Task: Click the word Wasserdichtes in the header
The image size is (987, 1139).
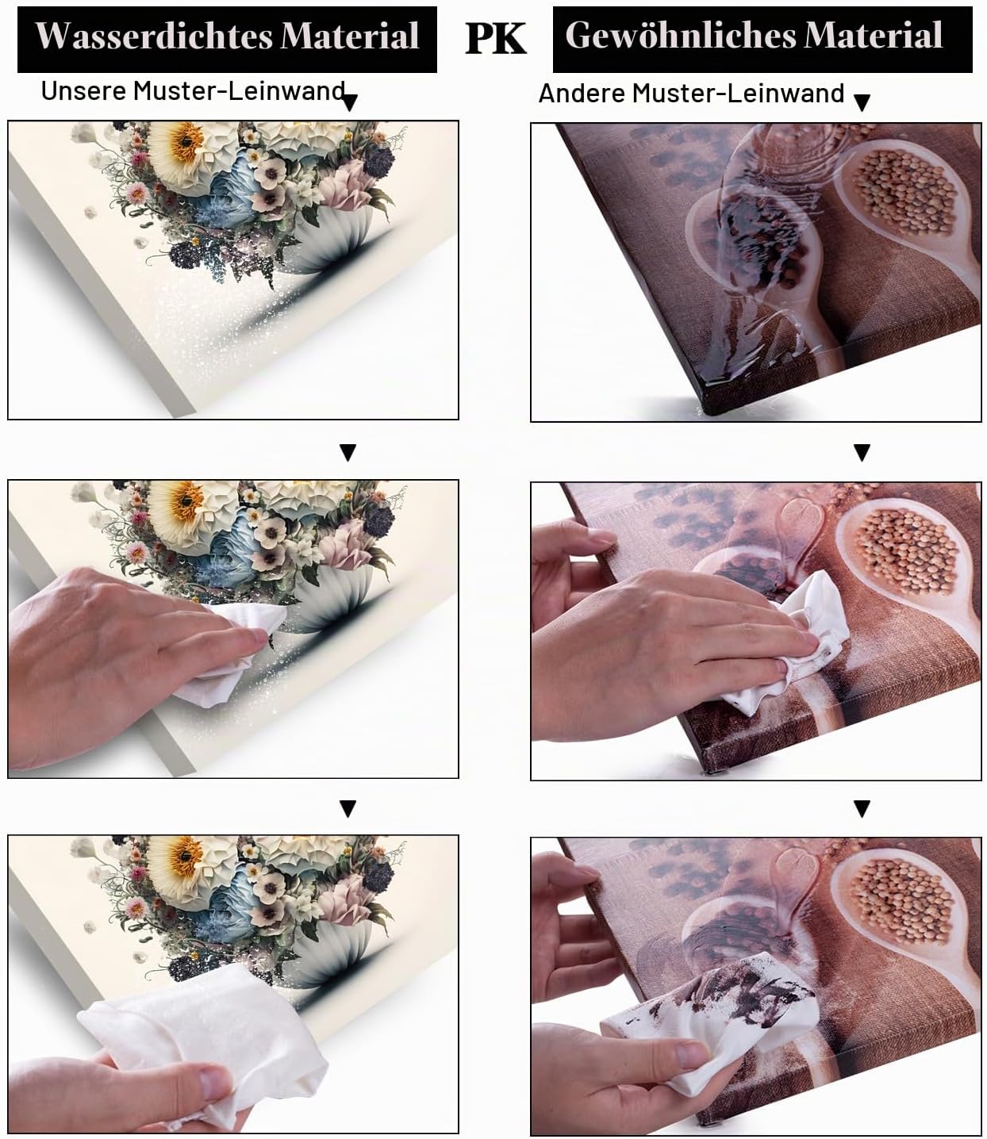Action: [154, 37]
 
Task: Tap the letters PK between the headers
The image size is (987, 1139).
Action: [495, 39]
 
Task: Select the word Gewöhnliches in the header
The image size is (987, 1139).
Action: [681, 36]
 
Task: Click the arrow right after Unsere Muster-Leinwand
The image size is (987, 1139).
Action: [350, 102]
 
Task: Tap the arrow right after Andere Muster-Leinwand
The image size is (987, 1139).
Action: [862, 102]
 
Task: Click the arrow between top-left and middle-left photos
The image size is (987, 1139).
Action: [348, 452]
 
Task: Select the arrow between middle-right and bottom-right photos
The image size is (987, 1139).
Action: [862, 809]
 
